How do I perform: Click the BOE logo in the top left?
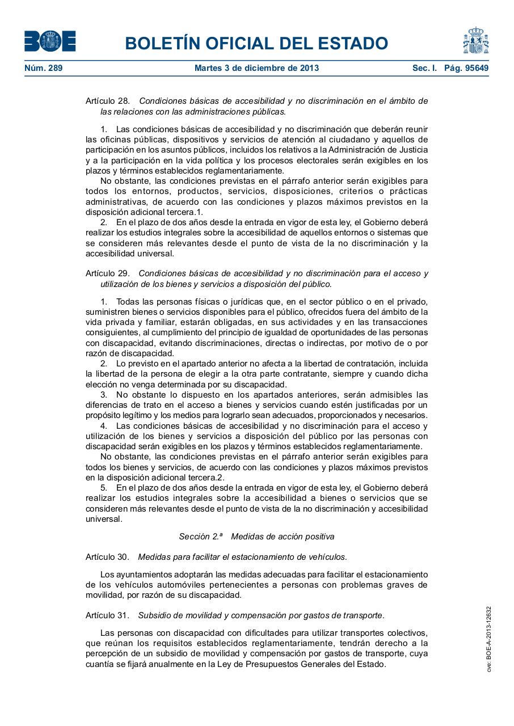coord(50,41)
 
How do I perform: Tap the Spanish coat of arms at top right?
coord(475,41)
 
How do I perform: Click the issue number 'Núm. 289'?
coord(43,68)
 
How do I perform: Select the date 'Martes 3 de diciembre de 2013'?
coord(256,68)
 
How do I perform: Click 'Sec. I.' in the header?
coord(424,68)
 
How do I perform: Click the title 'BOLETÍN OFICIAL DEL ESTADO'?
coord(256,43)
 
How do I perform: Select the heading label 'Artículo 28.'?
coord(108,101)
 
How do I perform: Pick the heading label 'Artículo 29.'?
coord(108,273)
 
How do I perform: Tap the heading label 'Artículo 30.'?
coord(108,557)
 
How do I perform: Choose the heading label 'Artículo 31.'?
coord(108,615)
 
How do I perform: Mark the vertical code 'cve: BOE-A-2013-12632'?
coord(488,639)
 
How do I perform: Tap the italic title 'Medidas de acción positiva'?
coord(283,537)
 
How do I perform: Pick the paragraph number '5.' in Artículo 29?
coord(104,488)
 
